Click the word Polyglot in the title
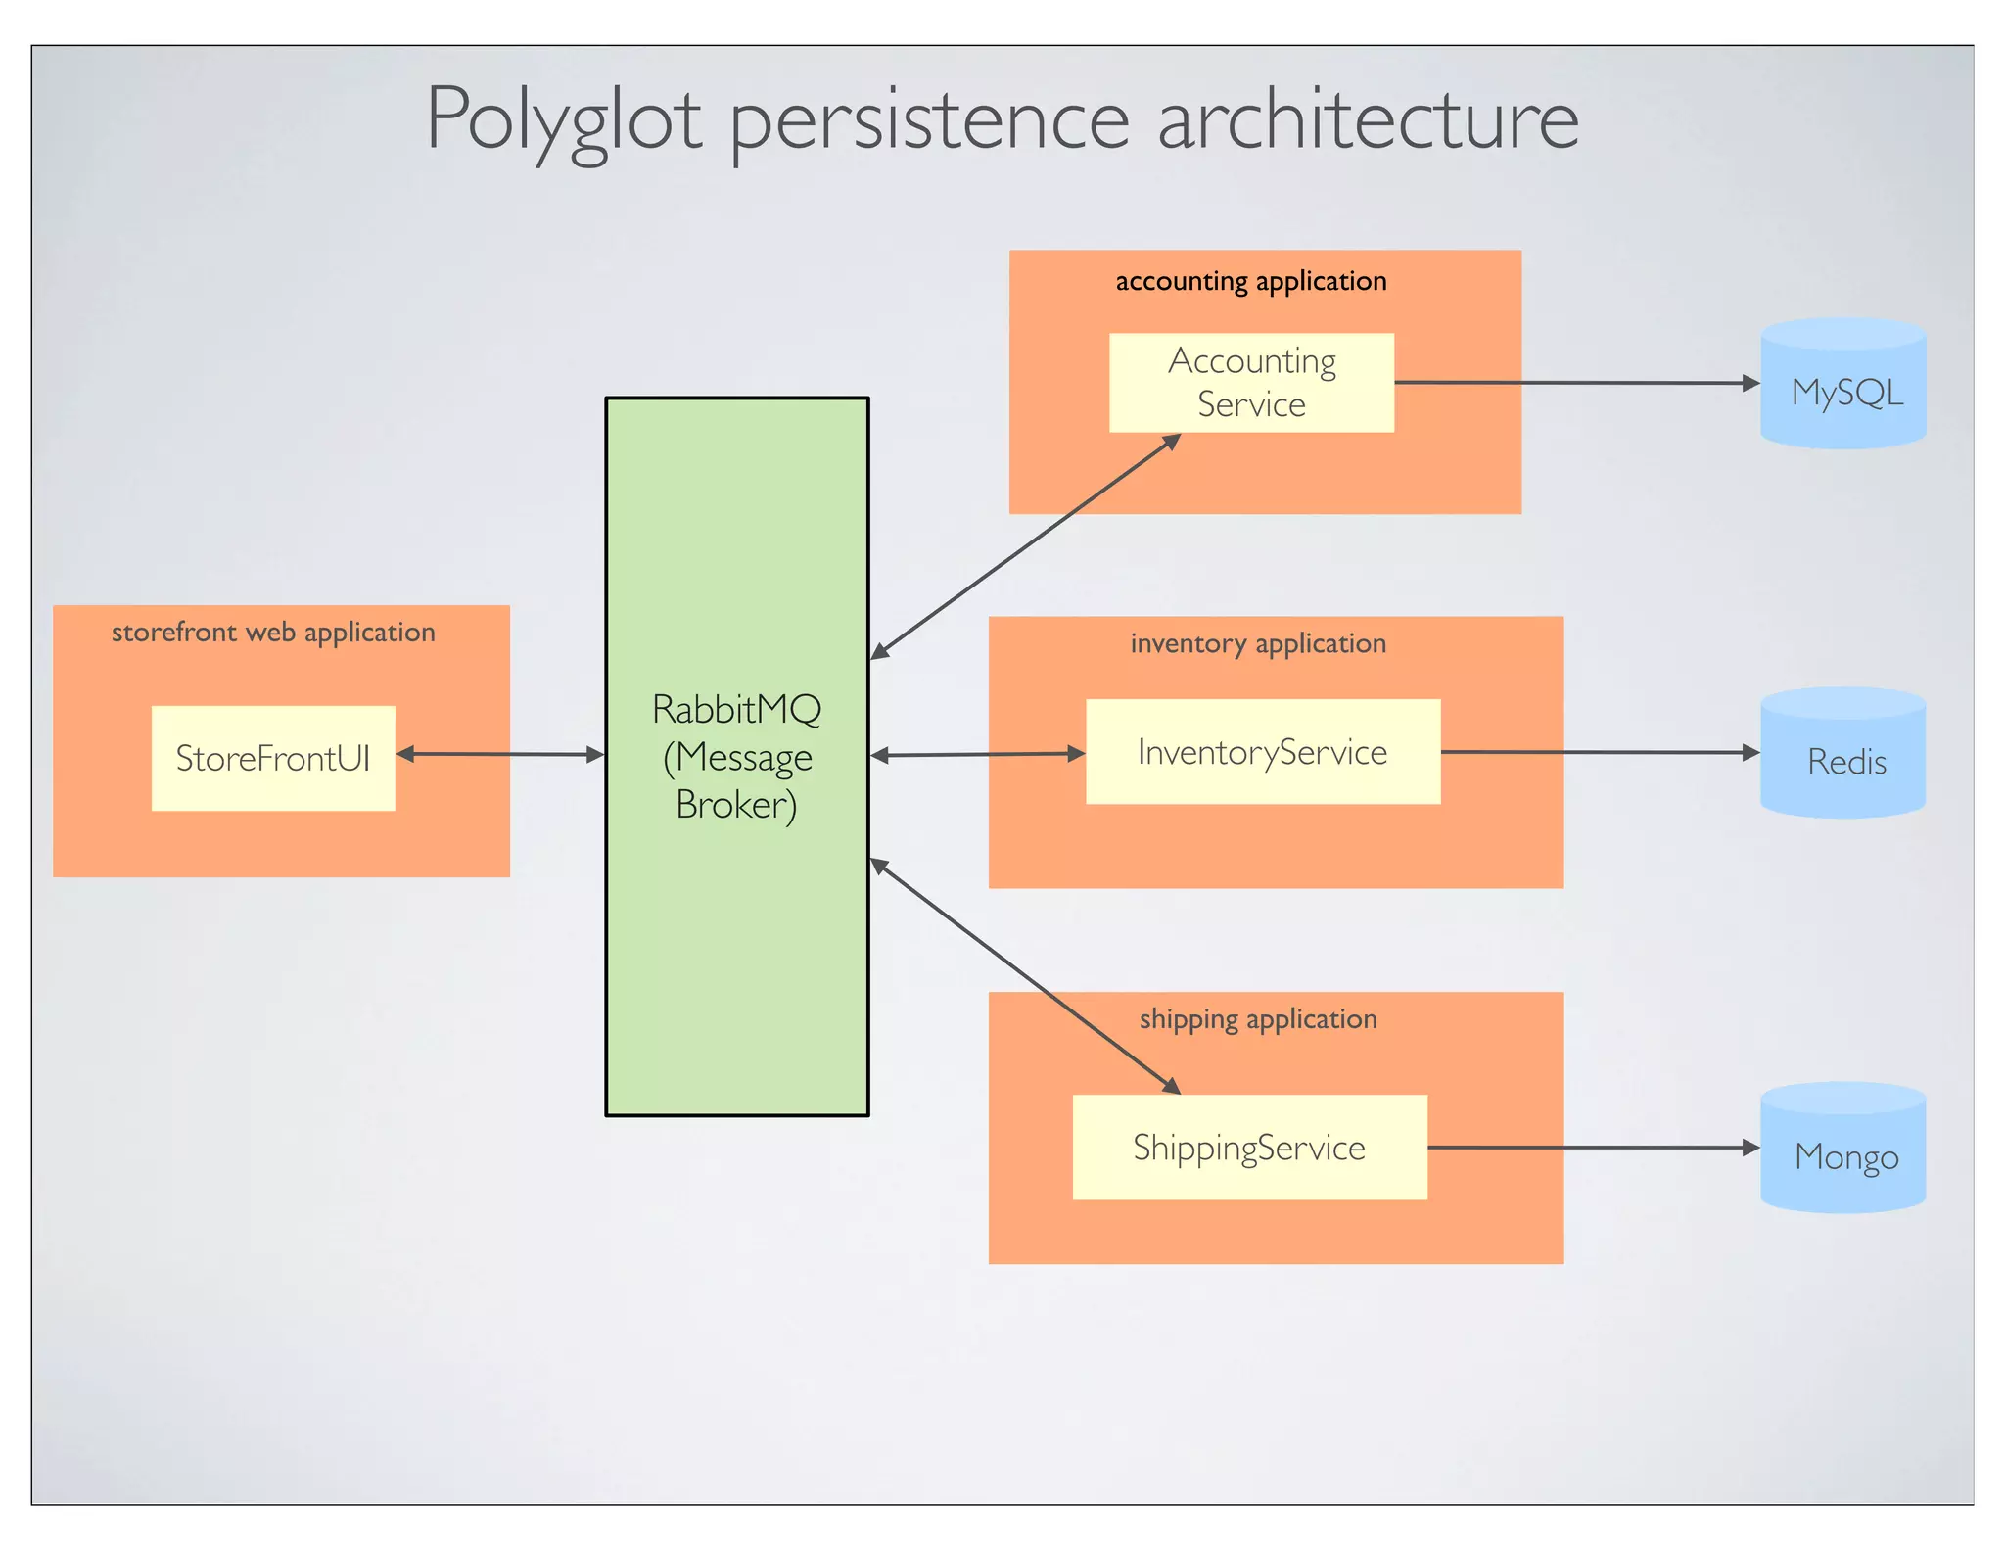(x=563, y=119)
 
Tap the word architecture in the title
(x=1368, y=119)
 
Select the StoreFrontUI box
(x=273, y=758)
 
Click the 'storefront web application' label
(x=273, y=633)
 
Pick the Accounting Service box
(x=1251, y=383)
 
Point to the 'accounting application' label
(x=1251, y=282)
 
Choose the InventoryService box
(x=1263, y=752)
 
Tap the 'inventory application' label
(x=1258, y=644)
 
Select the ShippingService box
(x=1249, y=1148)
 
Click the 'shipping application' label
(x=1258, y=1019)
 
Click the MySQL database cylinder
(x=1843, y=385)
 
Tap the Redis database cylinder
(x=1843, y=754)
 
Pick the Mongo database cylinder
(x=1843, y=1150)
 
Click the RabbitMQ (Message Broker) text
(x=737, y=757)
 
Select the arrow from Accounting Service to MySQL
(x=1576, y=383)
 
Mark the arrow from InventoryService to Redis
(x=1600, y=752)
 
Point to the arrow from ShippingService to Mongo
(x=1593, y=1148)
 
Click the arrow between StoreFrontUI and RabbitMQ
(x=500, y=754)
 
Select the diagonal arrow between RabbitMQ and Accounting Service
(x=1026, y=546)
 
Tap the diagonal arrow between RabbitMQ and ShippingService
(x=1025, y=975)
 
